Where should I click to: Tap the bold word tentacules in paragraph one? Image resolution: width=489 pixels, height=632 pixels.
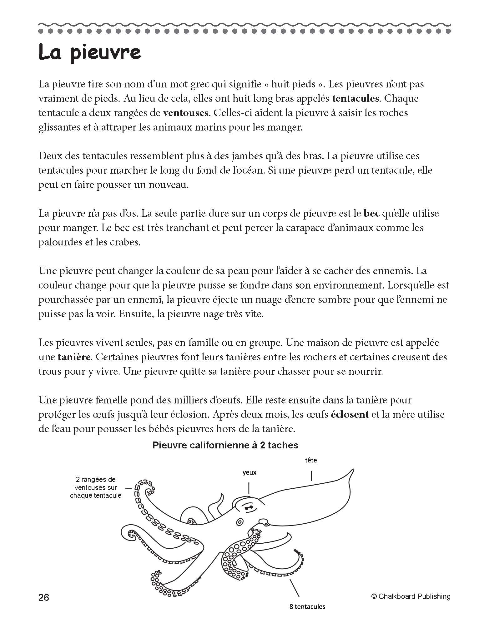pyautogui.click(x=355, y=99)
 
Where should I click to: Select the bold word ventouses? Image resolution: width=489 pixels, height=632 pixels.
pyautogui.click(x=186, y=113)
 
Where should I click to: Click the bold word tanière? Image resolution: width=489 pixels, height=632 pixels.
pyautogui.click(x=74, y=357)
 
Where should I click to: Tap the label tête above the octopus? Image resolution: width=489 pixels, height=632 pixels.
pyautogui.click(x=311, y=461)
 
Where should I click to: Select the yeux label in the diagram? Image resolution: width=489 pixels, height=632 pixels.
pyautogui.click(x=249, y=473)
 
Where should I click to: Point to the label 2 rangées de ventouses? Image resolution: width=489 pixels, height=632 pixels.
pyautogui.click(x=96, y=487)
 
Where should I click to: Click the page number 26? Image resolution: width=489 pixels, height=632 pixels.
pyautogui.click(x=44, y=598)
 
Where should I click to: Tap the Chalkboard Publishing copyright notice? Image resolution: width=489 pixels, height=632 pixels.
pyautogui.click(x=411, y=597)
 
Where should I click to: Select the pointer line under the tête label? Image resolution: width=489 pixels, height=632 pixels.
pyautogui.click(x=311, y=476)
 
